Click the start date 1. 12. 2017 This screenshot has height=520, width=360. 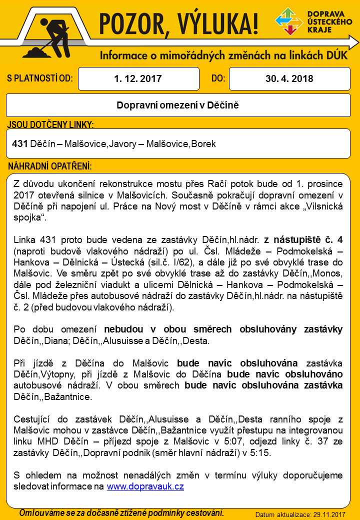tap(137, 78)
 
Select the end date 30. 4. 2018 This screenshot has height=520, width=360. tap(289, 78)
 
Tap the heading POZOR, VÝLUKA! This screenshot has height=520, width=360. tap(178, 23)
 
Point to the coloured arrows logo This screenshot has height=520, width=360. tap(289, 21)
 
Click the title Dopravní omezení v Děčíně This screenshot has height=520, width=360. tap(178, 105)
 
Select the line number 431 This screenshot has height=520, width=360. tap(19, 144)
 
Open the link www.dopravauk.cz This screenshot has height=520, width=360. tap(145, 486)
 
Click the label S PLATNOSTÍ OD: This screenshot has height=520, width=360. tap(40, 78)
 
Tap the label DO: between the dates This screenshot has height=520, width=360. tap(218, 78)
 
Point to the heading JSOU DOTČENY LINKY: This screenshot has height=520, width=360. tap(50, 124)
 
